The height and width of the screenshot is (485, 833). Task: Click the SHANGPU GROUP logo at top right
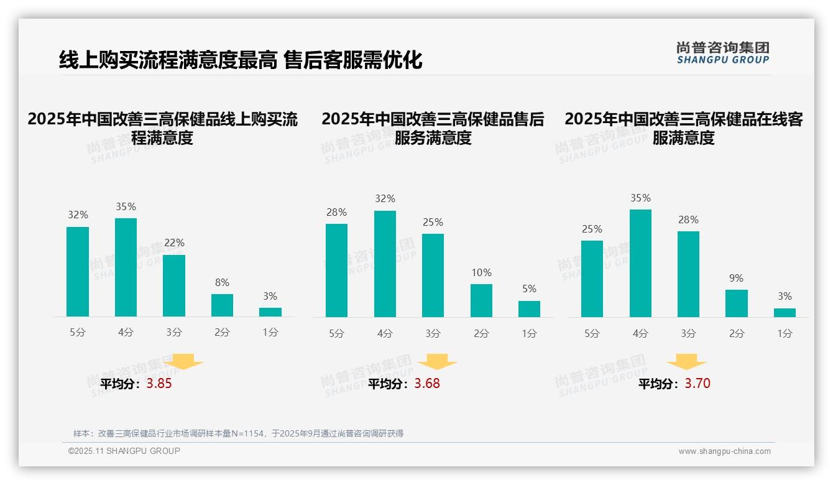coord(722,53)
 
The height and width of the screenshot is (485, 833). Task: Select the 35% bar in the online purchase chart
coord(126,267)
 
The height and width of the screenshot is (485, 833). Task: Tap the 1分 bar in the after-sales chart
coord(529,309)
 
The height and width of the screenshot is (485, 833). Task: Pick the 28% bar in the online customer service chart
coord(688,274)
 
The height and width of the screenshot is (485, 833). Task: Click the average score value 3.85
coord(159,384)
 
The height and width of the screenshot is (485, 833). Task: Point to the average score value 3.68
coord(427,384)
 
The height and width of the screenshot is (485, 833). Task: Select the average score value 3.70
coord(697,384)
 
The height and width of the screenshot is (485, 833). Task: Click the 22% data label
coord(174,242)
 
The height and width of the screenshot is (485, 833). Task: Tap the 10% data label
coord(481,272)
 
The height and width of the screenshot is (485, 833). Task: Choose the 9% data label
coord(736,278)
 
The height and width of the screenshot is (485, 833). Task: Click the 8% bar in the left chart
coord(222,305)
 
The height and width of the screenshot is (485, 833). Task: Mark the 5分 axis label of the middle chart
coord(336,333)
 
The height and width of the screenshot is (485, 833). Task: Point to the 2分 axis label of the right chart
coord(737,333)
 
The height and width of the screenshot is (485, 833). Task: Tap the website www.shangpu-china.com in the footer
coord(724,451)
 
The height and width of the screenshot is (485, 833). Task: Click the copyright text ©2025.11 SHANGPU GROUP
coord(124,451)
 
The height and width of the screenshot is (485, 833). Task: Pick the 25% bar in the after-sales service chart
coord(433,275)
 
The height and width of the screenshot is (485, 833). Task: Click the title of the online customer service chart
coord(683,128)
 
